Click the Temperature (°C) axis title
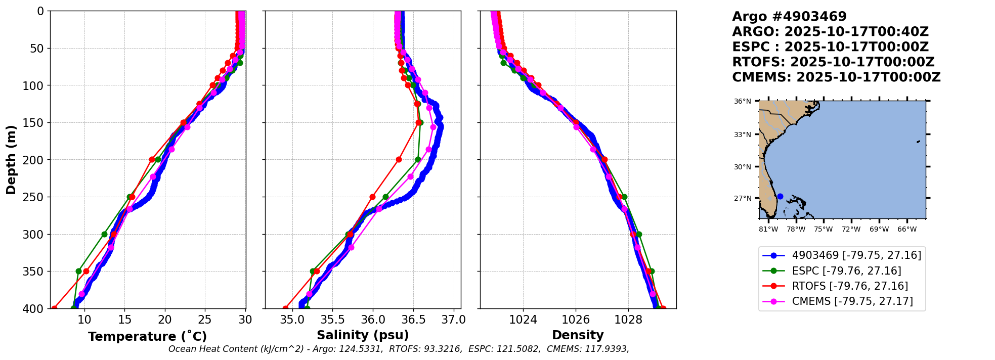(147, 337)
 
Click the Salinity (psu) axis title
(363, 335)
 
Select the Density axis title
(578, 335)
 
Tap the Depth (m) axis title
(11, 160)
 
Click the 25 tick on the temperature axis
(205, 320)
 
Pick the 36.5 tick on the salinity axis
(413, 320)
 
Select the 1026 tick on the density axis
(576, 320)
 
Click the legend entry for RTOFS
(849, 286)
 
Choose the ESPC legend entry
(846, 271)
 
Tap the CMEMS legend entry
(852, 301)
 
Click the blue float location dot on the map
(780, 197)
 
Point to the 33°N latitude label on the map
(743, 134)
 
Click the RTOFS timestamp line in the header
(833, 62)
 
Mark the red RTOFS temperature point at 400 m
(54, 308)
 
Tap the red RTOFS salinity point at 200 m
(399, 160)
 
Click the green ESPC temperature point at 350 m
(78, 272)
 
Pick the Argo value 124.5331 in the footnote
(361, 349)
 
